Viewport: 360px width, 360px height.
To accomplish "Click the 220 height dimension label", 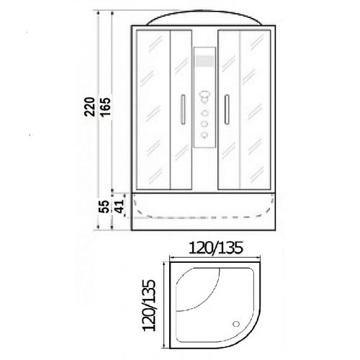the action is [89, 107].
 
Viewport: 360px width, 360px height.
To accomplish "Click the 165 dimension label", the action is [105, 107].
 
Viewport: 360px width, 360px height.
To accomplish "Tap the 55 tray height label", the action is [104, 207].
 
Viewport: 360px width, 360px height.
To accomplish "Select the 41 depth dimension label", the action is [119, 207].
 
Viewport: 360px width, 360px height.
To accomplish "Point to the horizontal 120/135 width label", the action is [215, 248].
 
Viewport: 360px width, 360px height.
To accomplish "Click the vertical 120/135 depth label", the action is [149, 305].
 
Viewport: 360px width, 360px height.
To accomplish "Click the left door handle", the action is [183, 109].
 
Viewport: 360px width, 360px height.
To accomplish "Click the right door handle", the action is [227, 109].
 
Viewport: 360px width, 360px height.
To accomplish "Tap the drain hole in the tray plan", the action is [236, 324].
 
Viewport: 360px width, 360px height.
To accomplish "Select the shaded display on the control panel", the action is [204, 60].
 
